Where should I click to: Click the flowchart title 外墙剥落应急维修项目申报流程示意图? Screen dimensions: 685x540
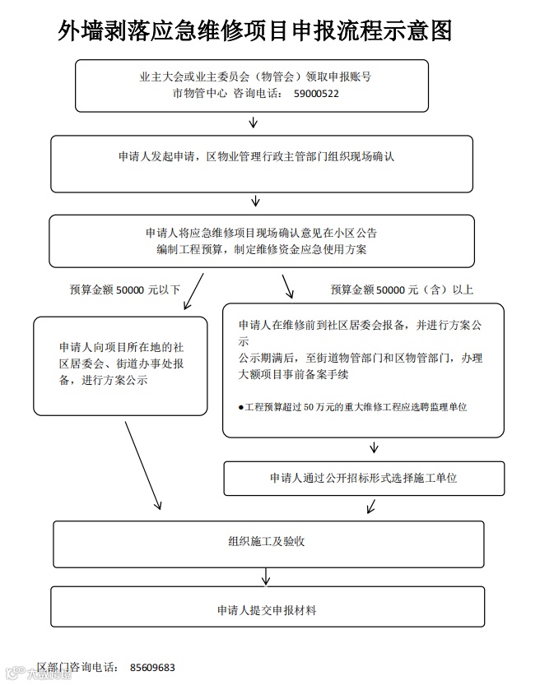click(256, 32)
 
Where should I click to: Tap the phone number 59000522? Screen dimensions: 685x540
click(316, 94)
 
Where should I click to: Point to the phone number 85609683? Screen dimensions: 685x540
click(152, 668)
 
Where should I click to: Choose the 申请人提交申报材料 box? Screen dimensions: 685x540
click(267, 610)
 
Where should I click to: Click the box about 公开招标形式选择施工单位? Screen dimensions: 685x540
click(363, 478)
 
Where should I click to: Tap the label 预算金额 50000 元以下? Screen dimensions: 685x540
click(124, 289)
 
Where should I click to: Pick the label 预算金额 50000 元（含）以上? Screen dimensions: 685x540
click(401, 289)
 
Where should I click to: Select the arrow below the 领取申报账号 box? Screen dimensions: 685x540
click(254, 123)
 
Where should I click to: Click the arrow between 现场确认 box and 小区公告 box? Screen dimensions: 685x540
click(256, 201)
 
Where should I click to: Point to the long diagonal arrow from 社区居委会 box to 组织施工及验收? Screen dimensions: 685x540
click(142, 465)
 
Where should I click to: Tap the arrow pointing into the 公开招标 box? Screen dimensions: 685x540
click(375, 448)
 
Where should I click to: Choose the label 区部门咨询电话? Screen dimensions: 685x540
click(78, 668)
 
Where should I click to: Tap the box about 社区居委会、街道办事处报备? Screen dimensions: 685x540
click(120, 364)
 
